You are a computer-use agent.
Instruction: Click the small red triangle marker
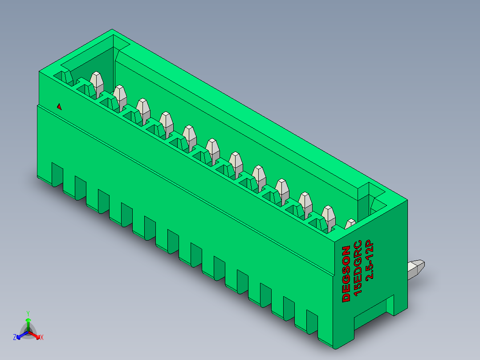pos(59,106)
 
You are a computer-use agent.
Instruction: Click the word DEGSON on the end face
pos(346,274)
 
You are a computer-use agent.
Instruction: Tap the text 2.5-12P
pos(369,260)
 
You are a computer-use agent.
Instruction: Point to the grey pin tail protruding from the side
pos(416,267)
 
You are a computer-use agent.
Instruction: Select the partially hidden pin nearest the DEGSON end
pos(350,223)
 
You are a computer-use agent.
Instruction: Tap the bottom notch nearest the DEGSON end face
pos(312,323)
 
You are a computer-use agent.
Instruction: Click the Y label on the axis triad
pos(28,313)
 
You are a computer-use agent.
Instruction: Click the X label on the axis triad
pos(42,338)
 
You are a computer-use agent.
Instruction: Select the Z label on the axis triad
pos(15,338)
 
